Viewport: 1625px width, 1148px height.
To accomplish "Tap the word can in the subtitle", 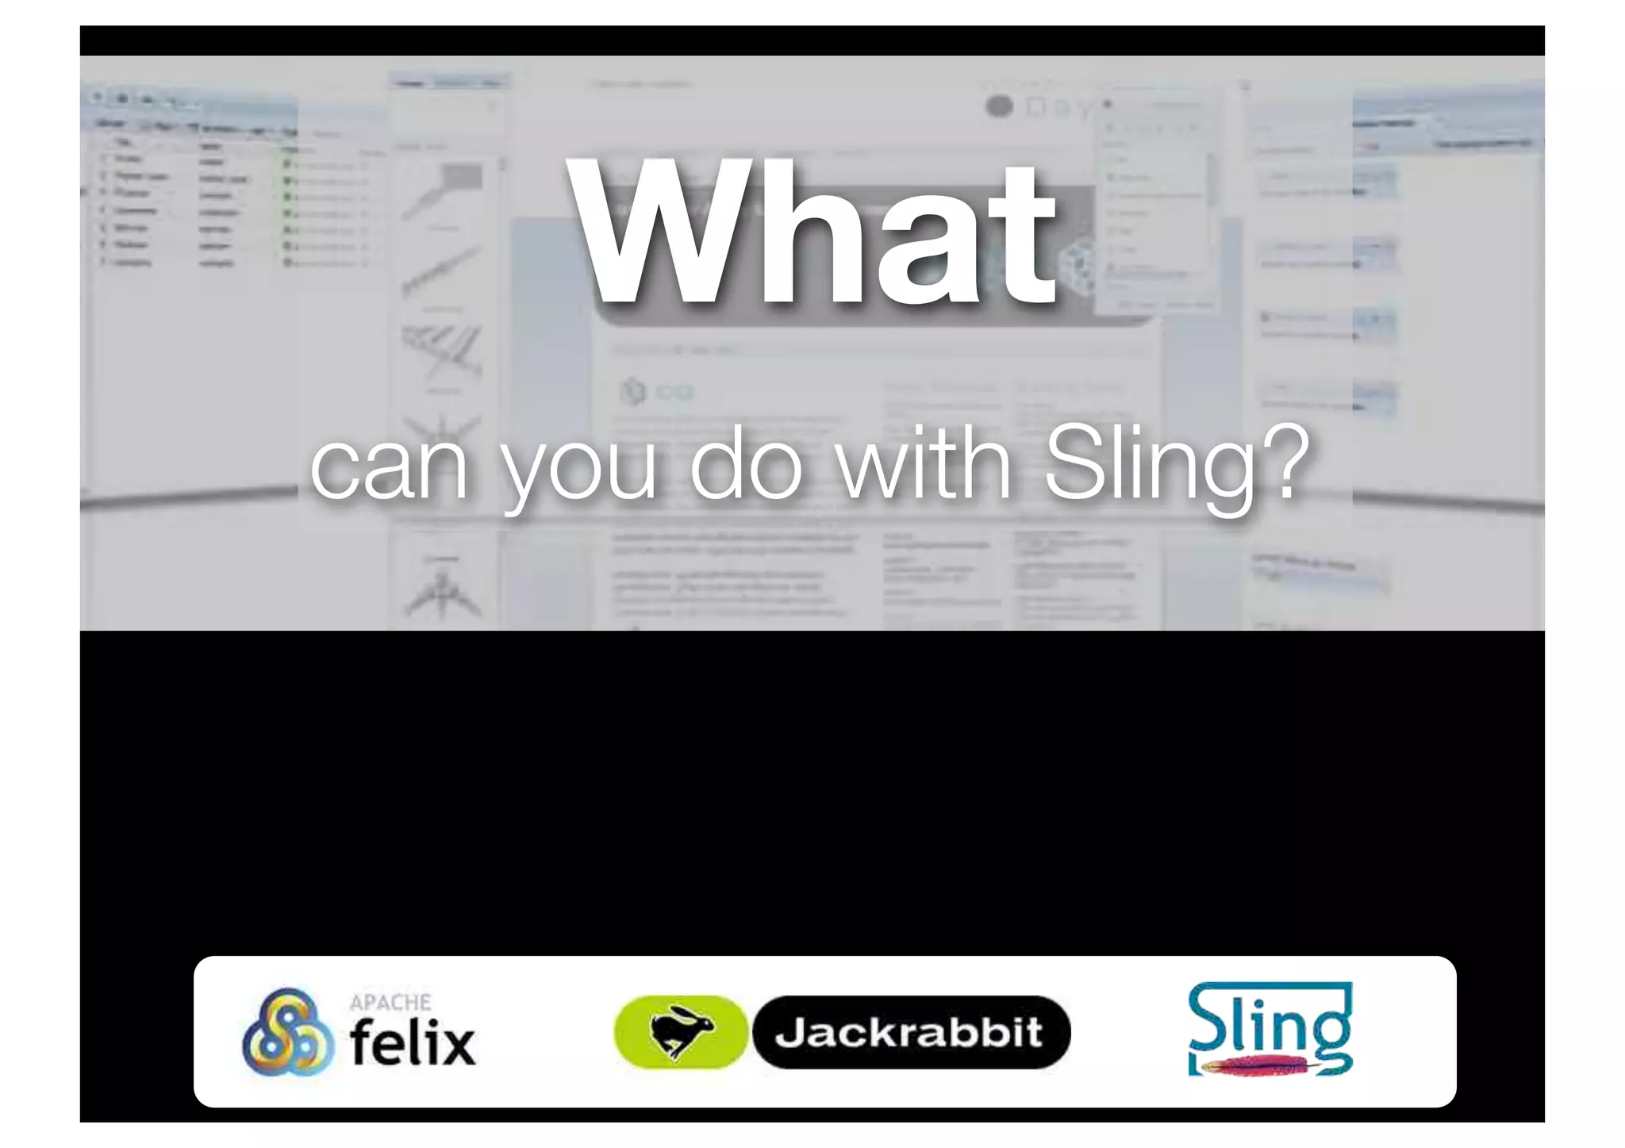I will [x=389, y=468].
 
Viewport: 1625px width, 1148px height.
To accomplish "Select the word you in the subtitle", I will [x=579, y=472].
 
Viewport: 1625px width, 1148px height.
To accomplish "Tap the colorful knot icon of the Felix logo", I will [x=287, y=1032].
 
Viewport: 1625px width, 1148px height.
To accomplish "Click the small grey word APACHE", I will [x=390, y=1003].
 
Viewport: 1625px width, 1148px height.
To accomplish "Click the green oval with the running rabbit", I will [x=681, y=1032].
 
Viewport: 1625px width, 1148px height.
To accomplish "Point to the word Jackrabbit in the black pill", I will [x=909, y=1032].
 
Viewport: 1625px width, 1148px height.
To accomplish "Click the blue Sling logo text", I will [x=1270, y=1023].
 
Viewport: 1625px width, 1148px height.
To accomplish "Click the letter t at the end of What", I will [x=1024, y=238].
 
